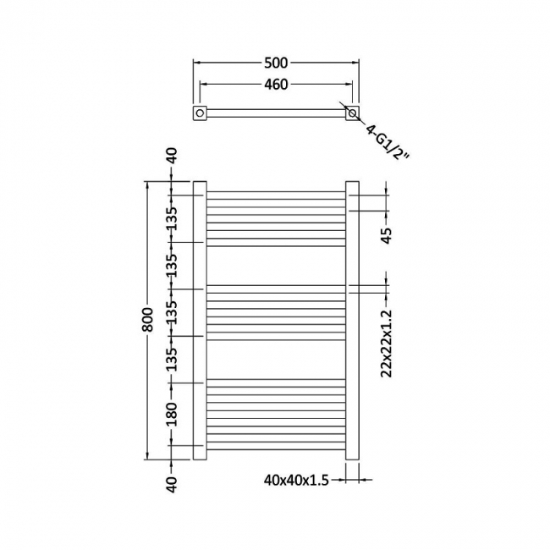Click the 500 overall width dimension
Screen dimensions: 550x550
[x=277, y=62]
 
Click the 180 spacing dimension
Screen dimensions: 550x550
[x=172, y=414]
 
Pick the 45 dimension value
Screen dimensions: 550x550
[x=387, y=234]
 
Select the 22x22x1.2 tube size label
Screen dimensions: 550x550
[x=388, y=344]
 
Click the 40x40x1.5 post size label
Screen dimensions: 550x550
[x=295, y=480]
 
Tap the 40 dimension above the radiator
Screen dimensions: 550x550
[x=172, y=157]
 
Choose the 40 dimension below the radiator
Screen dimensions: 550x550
[x=172, y=485]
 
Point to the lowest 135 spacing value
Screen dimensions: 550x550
[x=172, y=358]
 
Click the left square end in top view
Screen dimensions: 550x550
[x=201, y=113]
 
